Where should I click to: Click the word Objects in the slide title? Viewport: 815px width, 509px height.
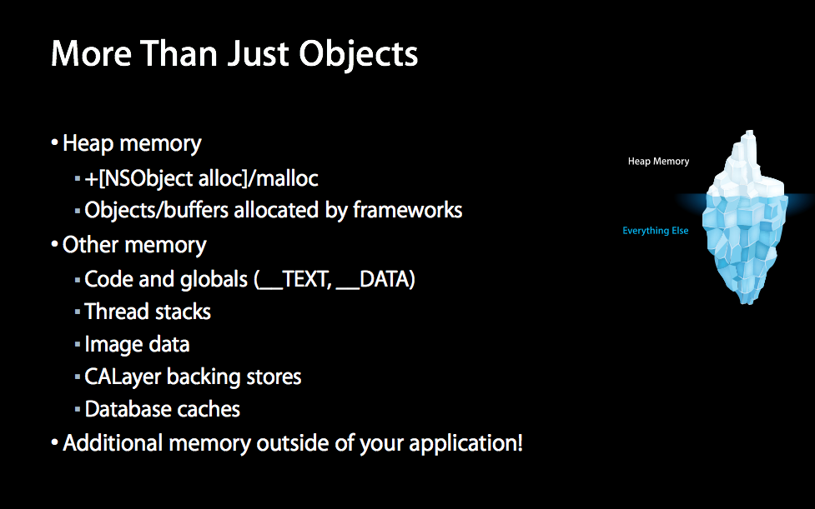pyautogui.click(x=358, y=55)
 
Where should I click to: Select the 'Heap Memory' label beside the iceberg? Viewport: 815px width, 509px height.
pyautogui.click(x=658, y=162)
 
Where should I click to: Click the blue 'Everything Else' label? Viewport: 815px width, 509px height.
pyautogui.click(x=656, y=231)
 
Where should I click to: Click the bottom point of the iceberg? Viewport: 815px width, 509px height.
pyautogui.click(x=748, y=303)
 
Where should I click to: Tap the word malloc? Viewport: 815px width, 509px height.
pyautogui.click(x=287, y=178)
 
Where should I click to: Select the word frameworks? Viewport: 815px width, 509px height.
pyautogui.click(x=407, y=210)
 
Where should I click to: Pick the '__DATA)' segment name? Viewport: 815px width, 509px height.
pyautogui.click(x=375, y=280)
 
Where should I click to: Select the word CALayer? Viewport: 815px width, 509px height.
pyautogui.click(x=123, y=377)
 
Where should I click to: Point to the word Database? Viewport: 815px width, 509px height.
pyautogui.click(x=121, y=409)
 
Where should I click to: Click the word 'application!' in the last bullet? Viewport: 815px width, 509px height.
pyautogui.click(x=465, y=444)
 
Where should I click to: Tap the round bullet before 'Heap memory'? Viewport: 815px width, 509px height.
pyautogui.click(x=54, y=142)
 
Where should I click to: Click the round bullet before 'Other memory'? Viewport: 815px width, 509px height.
pyautogui.click(x=54, y=243)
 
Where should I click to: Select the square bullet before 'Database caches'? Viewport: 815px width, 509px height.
pyautogui.click(x=78, y=409)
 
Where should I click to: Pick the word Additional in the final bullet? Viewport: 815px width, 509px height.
pyautogui.click(x=113, y=443)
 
